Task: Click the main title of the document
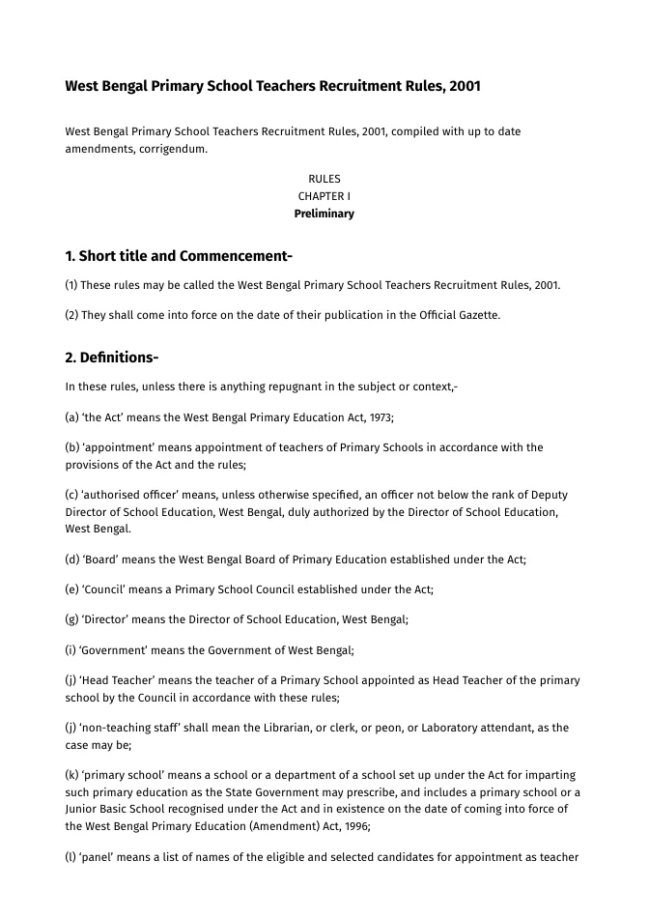pos(272,86)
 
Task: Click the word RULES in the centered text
pos(324,179)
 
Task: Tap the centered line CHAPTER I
pos(324,196)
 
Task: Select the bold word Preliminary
pos(324,214)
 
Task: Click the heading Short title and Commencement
pos(179,256)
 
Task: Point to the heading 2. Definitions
pos(112,358)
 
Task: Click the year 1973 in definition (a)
pos(381,416)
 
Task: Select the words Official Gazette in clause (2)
pos(460,314)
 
